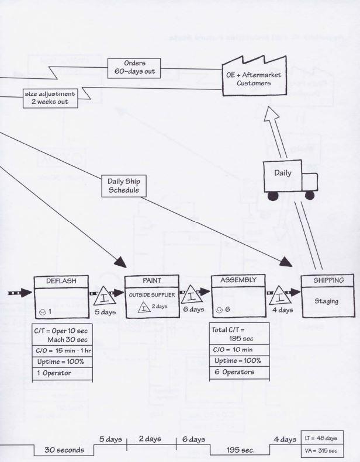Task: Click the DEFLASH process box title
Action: pyautogui.click(x=63, y=281)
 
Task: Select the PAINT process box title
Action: pyautogui.click(x=151, y=281)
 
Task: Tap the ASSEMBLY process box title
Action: pyautogui.click(x=238, y=280)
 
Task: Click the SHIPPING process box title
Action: pyautogui.click(x=329, y=280)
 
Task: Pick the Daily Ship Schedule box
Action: pyautogui.click(x=123, y=185)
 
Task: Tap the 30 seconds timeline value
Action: pyautogui.click(x=69, y=450)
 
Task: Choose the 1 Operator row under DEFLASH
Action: pyautogui.click(x=63, y=373)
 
